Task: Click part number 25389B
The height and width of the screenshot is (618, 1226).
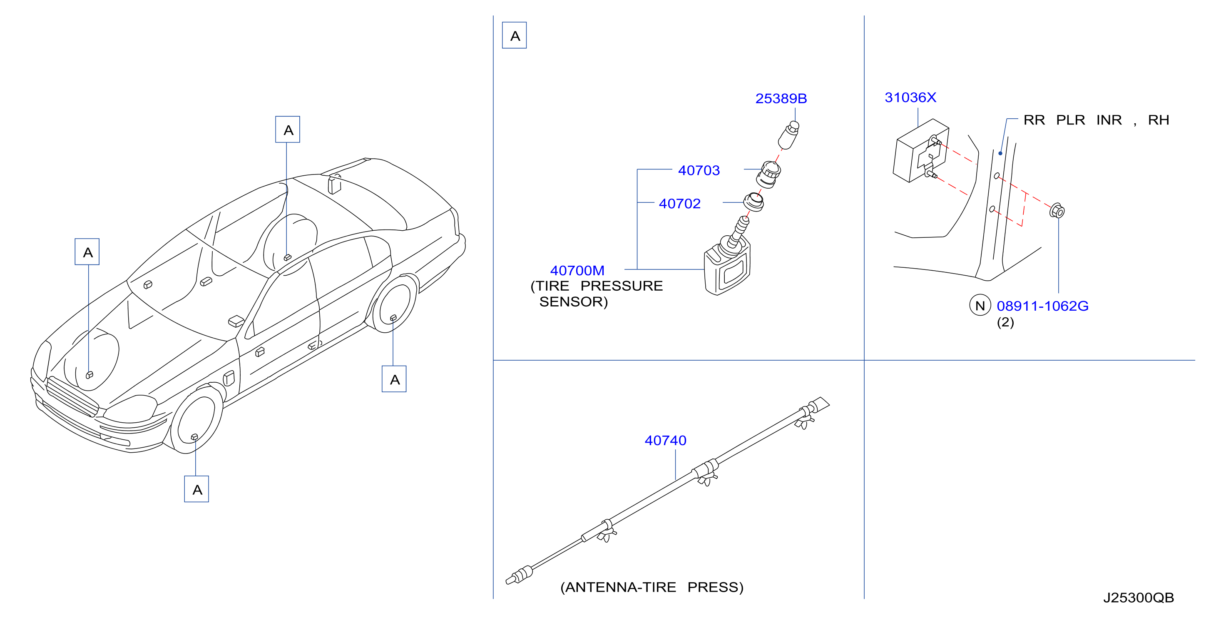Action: (781, 99)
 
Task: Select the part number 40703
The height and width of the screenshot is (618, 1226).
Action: (699, 170)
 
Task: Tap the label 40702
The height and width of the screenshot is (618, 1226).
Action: (680, 204)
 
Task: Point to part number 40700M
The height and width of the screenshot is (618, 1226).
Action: (577, 270)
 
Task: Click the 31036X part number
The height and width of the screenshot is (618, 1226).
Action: (910, 97)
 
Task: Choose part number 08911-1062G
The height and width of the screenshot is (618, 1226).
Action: (1042, 306)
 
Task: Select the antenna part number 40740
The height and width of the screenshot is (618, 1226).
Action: (665, 441)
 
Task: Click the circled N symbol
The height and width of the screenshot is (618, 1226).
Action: (980, 306)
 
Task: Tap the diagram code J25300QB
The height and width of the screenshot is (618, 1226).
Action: (1139, 598)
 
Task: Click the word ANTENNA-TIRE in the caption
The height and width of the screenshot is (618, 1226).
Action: (618, 588)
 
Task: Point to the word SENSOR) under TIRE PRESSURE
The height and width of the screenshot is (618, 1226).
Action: (574, 302)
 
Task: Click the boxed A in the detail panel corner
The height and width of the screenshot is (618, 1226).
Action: (515, 35)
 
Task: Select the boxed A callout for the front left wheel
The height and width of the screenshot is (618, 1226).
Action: (196, 488)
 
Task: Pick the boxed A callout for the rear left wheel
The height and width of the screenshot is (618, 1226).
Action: (394, 379)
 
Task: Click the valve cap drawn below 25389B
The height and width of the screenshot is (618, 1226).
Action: (788, 135)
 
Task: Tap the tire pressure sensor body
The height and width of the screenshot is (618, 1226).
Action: (727, 269)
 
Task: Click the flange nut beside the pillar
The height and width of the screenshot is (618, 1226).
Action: (1057, 211)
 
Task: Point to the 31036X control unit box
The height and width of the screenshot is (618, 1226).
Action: (920, 150)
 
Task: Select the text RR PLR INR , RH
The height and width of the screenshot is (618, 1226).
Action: (1096, 120)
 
